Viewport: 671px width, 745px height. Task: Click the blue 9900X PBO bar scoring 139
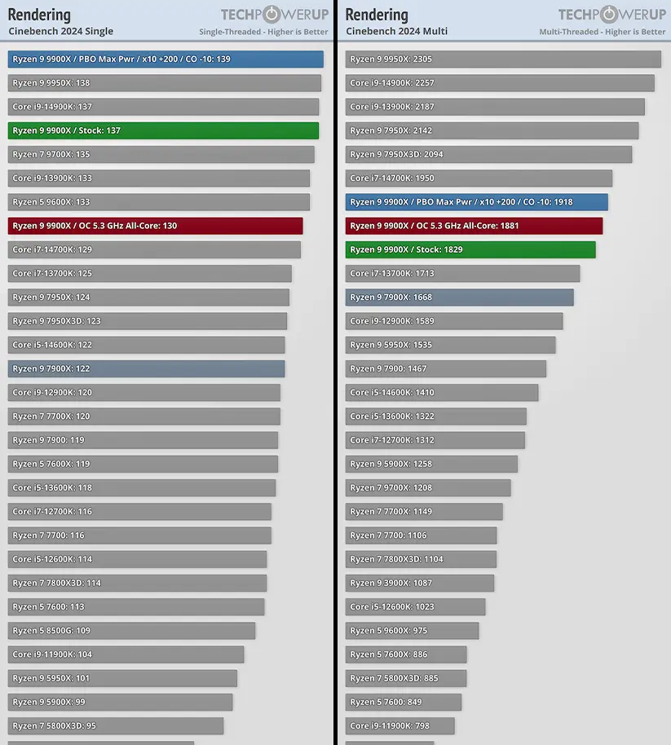point(166,60)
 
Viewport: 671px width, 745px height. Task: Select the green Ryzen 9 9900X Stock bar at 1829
point(470,249)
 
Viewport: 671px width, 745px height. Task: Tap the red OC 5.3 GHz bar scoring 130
point(155,226)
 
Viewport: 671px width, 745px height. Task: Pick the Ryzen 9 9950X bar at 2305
point(503,60)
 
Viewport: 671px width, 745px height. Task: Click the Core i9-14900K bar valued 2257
point(500,83)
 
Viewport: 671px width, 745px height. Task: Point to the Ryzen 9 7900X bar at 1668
point(459,298)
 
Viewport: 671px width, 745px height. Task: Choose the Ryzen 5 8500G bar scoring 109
point(131,630)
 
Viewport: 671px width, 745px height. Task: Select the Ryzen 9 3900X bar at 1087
point(419,583)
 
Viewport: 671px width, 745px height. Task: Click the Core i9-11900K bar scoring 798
point(400,725)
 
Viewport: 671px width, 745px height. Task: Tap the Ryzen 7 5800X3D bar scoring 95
point(116,725)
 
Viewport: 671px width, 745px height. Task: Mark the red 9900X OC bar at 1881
point(474,226)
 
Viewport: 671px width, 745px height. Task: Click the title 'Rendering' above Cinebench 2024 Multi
point(377,15)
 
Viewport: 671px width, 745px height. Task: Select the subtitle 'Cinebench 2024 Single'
point(61,32)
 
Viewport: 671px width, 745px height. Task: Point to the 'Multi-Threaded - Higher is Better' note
point(602,32)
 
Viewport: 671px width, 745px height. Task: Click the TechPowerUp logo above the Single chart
point(274,15)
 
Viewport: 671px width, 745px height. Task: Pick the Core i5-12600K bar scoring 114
point(137,559)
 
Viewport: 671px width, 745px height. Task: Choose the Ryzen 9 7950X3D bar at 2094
point(488,154)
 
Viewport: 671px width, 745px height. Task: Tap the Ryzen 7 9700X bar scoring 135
point(161,154)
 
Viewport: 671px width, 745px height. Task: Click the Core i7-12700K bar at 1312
point(435,440)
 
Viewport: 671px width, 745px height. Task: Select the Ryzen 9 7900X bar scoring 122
point(146,368)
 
